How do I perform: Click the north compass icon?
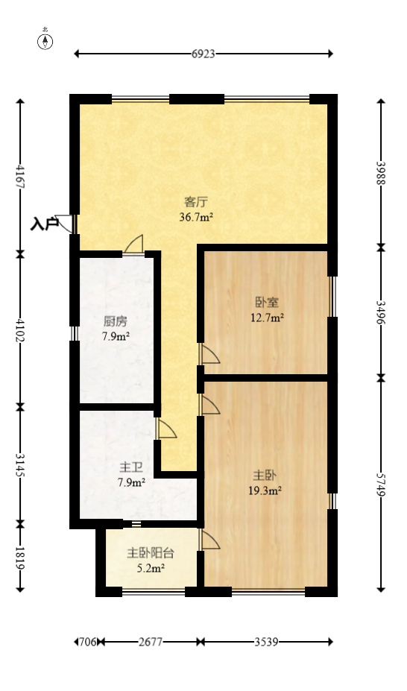coord(45,41)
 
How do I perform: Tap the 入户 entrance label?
coord(44,223)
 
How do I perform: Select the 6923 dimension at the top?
coord(203,54)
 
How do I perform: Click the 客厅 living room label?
coord(196,201)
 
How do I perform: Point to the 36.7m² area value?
coord(196,218)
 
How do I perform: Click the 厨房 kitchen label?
coord(116,321)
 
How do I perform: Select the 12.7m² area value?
coord(267,318)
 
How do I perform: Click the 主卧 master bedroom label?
coord(265,475)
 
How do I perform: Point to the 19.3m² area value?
coord(265,490)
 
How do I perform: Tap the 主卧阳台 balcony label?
coord(151,553)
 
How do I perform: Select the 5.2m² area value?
coord(151,568)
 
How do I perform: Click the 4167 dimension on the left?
coord(20,177)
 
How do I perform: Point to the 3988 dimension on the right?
coord(381,174)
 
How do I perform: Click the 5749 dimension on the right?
coord(381,485)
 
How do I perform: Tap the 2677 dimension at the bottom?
coord(151,641)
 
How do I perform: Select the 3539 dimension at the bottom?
coord(267,641)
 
